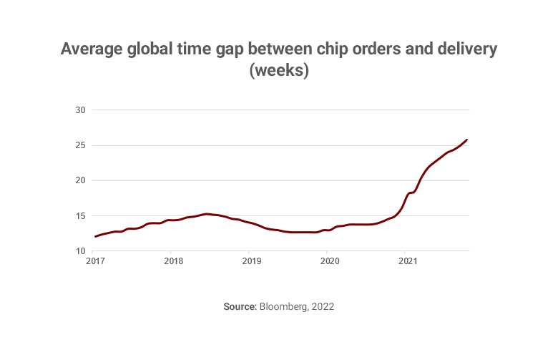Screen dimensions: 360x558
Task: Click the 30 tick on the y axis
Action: click(80, 110)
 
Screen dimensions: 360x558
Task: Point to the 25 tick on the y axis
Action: click(80, 145)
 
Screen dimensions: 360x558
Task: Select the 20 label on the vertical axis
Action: click(80, 180)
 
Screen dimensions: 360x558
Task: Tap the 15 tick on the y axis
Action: click(80, 216)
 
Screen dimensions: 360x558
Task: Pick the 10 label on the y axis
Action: click(80, 251)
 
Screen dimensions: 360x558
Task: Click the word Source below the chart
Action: click(240, 306)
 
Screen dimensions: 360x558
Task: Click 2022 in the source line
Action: click(323, 306)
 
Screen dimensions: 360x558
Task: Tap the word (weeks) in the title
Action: click(278, 72)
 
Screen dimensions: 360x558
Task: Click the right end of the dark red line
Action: click(467, 140)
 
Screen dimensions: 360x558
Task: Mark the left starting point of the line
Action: click(95, 236)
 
